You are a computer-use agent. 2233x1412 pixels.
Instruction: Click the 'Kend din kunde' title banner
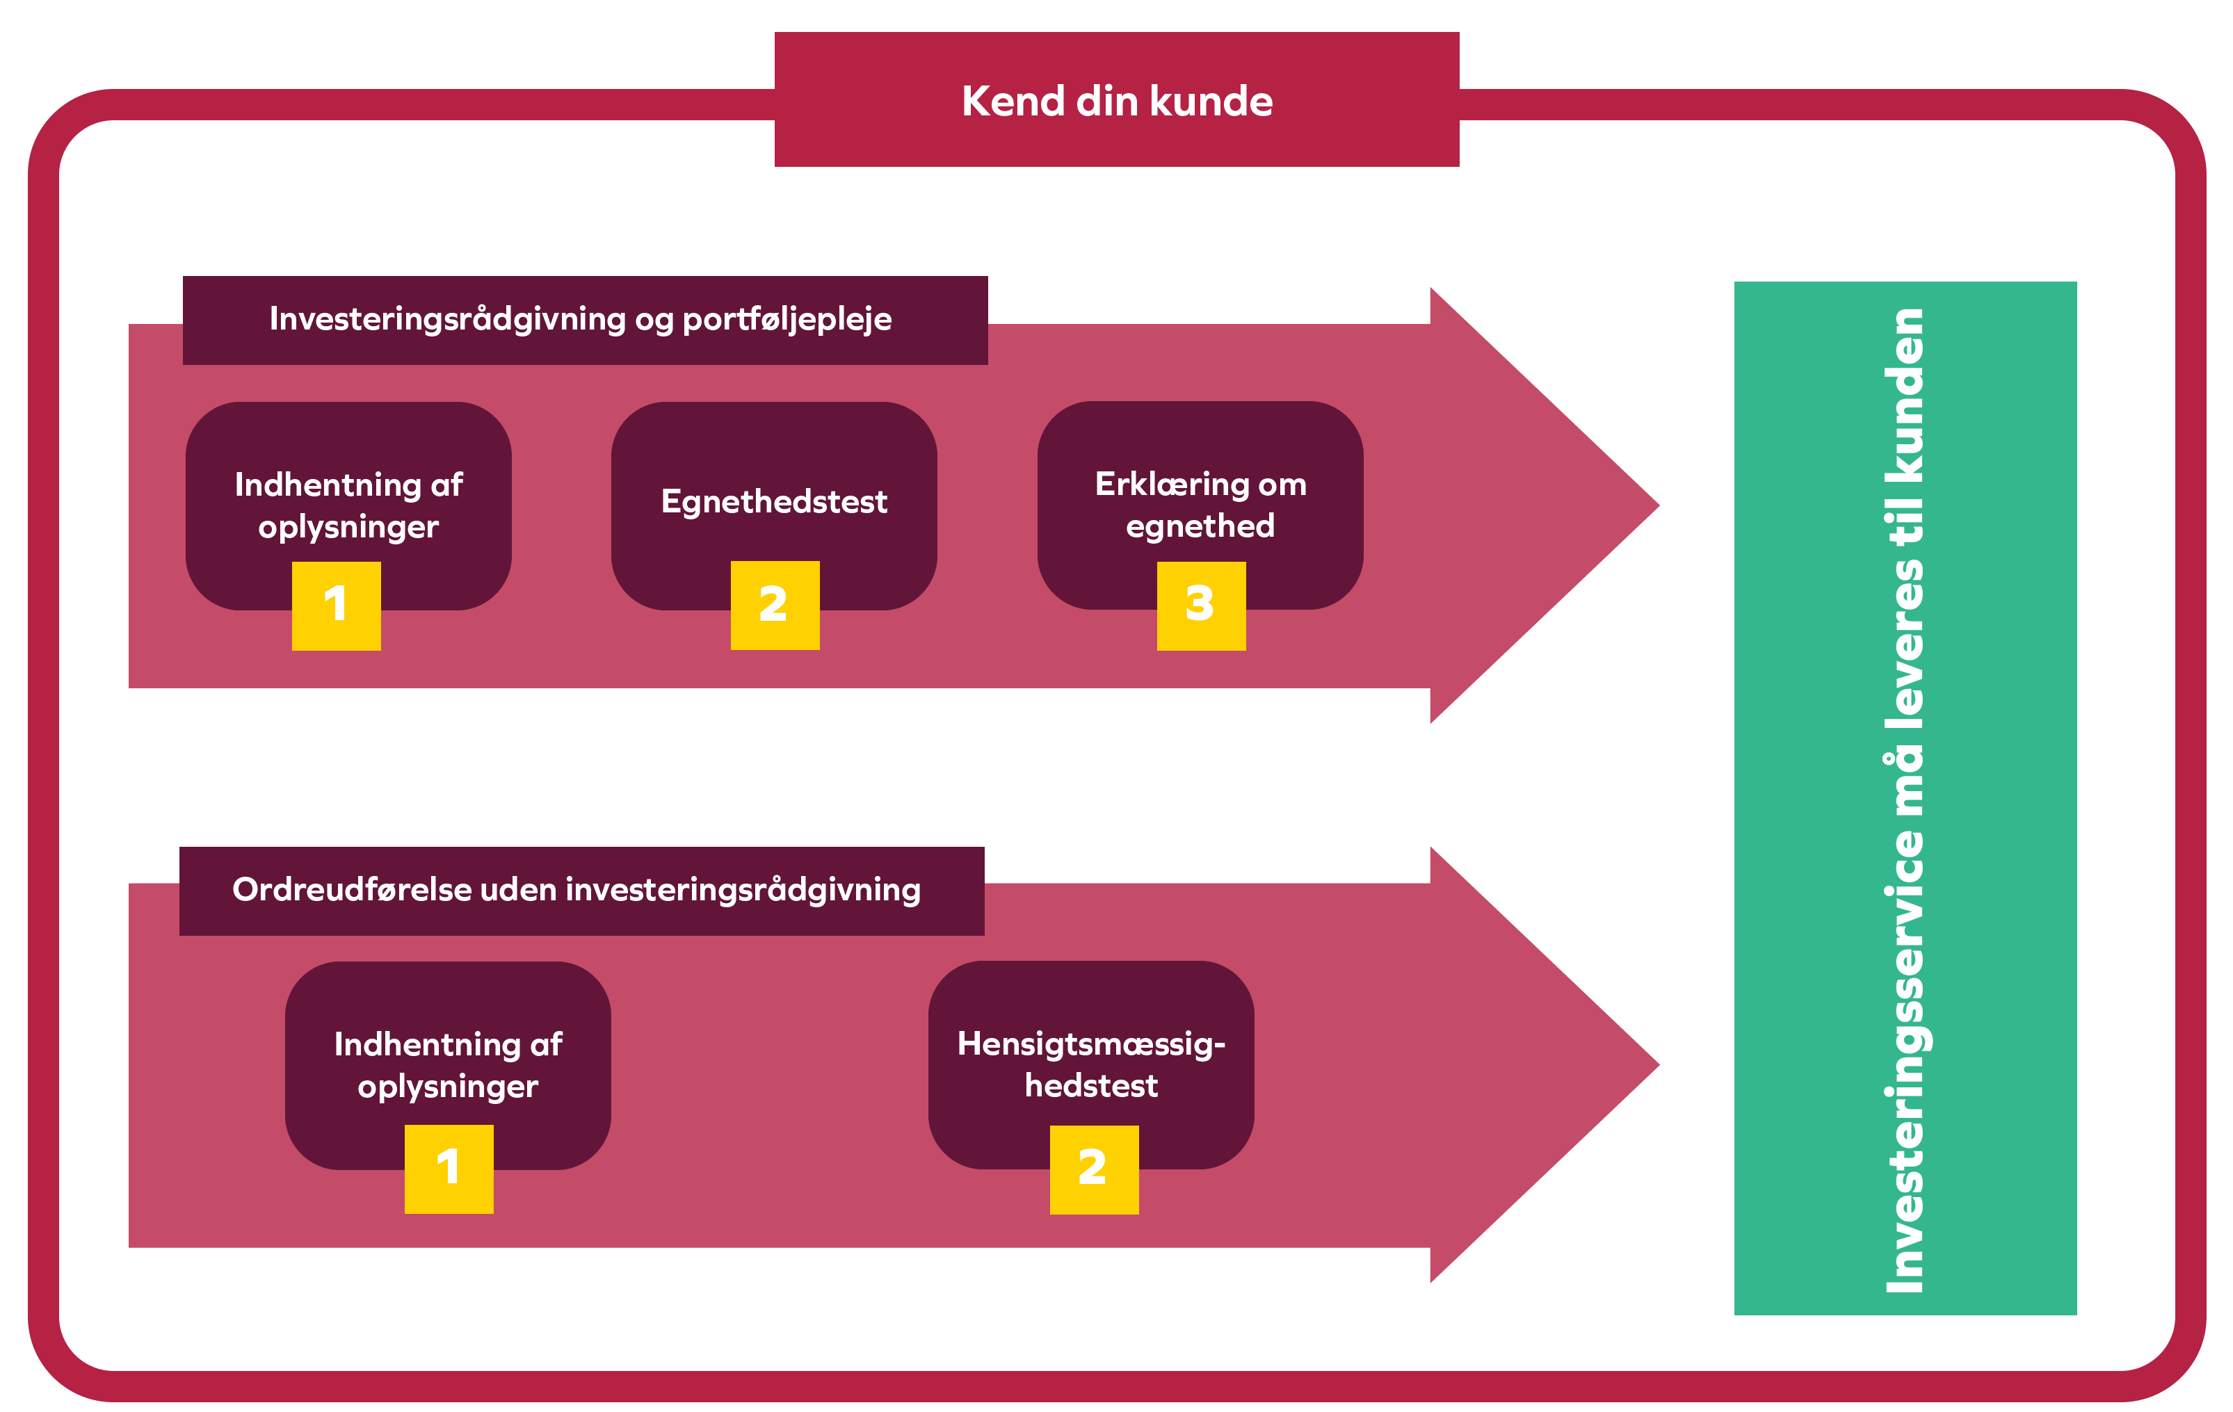tap(1117, 100)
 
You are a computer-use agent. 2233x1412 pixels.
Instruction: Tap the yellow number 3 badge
tap(1201, 606)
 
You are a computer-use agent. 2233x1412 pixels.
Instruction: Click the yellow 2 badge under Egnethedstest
tap(774, 606)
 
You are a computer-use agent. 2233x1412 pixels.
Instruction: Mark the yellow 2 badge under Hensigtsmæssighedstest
tap(1093, 1169)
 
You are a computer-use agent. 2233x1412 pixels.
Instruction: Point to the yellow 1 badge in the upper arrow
tap(336, 606)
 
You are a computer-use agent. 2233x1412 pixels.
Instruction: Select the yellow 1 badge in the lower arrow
tap(449, 1169)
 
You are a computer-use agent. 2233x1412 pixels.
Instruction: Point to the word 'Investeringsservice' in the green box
tap(1904, 1061)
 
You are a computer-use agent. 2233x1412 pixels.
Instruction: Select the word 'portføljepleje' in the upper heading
tap(787, 320)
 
